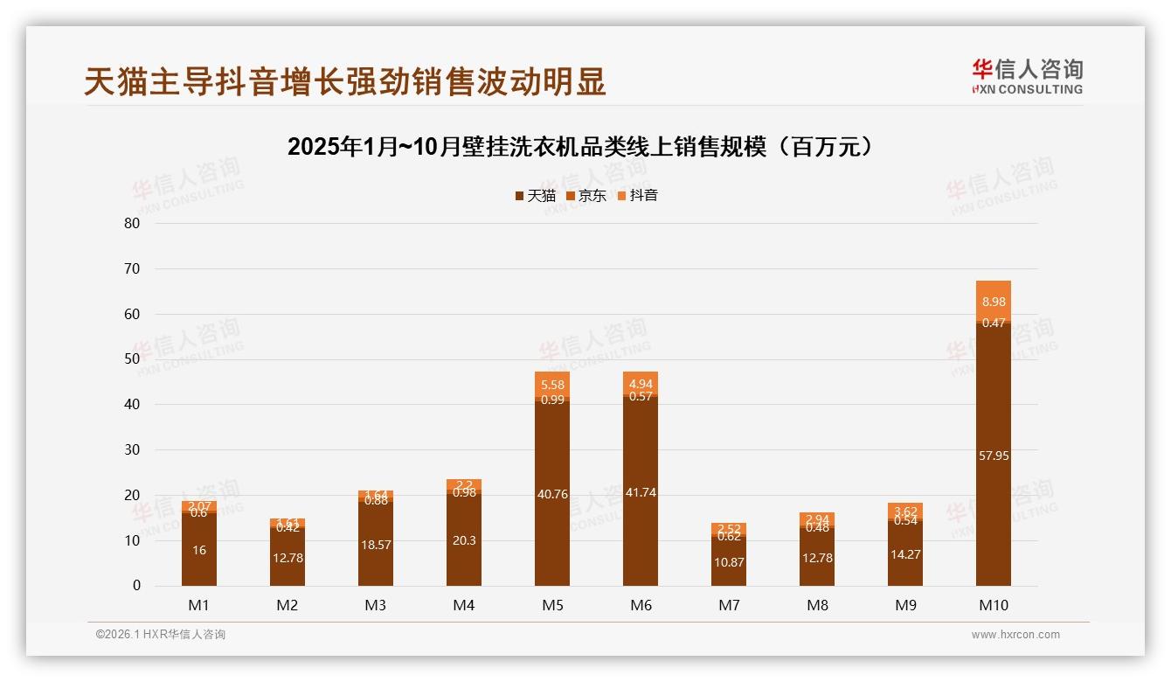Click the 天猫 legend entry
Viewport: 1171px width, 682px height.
535,196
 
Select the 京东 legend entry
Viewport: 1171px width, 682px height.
585,196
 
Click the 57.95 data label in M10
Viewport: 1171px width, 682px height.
993,456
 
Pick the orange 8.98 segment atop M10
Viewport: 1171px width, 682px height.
993,301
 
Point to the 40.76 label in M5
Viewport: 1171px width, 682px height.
552,494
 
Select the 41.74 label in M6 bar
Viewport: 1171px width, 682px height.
641,492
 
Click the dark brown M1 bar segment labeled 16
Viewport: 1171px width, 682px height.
199,550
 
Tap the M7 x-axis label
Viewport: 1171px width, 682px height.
729,605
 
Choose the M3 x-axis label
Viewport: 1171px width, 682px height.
376,605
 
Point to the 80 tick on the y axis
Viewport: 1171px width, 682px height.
132,223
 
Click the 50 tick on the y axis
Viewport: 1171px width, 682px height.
132,359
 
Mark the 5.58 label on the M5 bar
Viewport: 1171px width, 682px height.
552,385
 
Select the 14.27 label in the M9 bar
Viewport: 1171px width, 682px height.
905,554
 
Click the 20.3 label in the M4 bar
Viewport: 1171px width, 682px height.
464,540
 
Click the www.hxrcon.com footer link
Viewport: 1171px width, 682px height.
1015,635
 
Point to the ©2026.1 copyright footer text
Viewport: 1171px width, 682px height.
161,635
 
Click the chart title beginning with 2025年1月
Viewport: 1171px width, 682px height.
581,147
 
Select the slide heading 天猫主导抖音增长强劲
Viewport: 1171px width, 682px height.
345,82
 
